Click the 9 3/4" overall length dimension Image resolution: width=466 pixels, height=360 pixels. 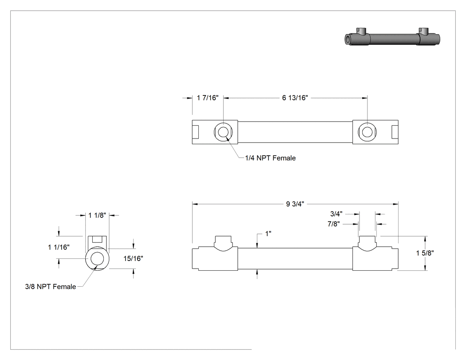[x=295, y=204]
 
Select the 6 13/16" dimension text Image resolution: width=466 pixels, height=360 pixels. [x=295, y=98]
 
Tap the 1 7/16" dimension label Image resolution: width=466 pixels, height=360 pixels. [x=207, y=98]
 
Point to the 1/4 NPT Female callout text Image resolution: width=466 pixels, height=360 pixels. [x=270, y=158]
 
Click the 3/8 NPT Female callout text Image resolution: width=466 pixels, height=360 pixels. [x=51, y=287]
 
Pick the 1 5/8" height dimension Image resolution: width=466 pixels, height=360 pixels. [x=425, y=253]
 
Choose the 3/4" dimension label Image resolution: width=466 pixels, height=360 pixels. [x=336, y=214]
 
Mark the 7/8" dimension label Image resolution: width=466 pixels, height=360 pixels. [x=333, y=224]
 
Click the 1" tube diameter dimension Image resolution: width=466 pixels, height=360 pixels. [x=268, y=233]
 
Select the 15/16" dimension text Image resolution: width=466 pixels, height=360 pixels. [x=133, y=259]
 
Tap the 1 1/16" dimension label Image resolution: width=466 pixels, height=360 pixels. [x=59, y=247]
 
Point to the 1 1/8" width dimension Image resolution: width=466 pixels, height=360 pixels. [x=97, y=215]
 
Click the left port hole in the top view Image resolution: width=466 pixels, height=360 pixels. [x=223, y=132]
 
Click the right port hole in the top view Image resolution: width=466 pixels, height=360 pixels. [x=367, y=132]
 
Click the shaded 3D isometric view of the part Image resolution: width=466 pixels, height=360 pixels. [x=392, y=38]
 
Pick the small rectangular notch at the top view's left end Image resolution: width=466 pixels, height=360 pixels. [x=196, y=132]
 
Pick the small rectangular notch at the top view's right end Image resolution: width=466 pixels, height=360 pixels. [x=395, y=132]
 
